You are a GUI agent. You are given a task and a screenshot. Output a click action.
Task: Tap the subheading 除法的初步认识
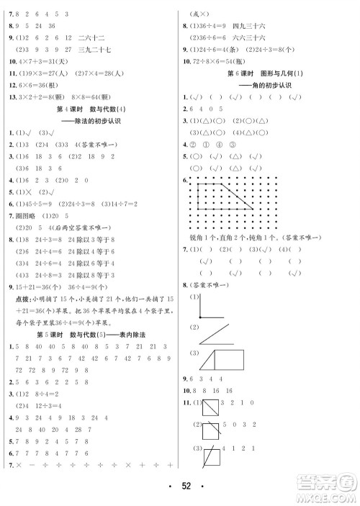pos(93,121)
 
